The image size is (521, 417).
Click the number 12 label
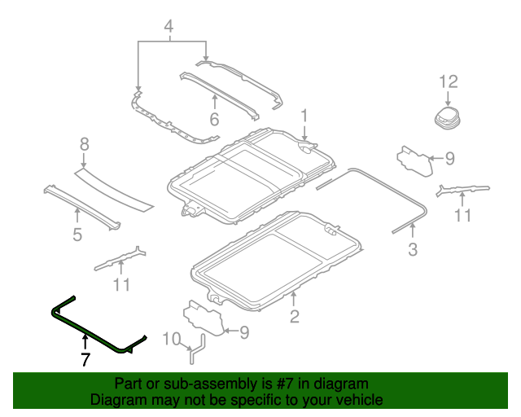click(x=449, y=81)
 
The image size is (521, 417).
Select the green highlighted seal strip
click(x=90, y=331)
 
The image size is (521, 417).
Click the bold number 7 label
click(x=85, y=360)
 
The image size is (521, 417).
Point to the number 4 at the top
click(x=169, y=29)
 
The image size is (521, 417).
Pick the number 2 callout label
click(x=294, y=318)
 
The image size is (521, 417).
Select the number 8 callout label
click(x=83, y=144)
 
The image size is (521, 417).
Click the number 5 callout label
click(x=77, y=235)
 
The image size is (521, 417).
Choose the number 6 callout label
click(x=214, y=119)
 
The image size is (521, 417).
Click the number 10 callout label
click(x=172, y=339)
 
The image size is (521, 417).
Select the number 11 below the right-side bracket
click(x=462, y=216)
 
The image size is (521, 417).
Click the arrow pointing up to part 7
click(x=85, y=345)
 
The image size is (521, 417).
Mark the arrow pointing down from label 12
click(x=449, y=98)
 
